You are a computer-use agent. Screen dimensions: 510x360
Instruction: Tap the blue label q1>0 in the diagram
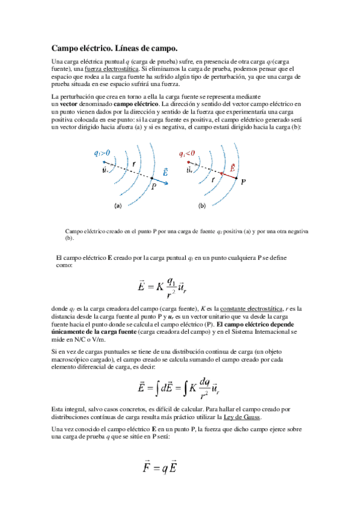102,153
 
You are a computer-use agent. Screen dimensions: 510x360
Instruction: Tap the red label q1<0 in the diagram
188,154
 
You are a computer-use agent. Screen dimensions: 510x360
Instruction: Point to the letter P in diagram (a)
153,187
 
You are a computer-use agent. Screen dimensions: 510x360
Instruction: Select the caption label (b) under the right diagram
203,206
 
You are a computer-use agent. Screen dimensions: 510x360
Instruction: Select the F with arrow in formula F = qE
146,467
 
